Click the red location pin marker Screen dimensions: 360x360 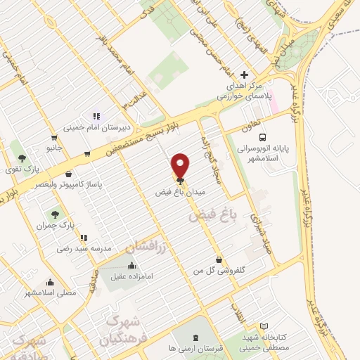pos(181,166)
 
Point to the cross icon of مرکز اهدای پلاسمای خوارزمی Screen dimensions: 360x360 pos(245,74)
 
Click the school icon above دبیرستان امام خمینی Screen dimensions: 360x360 pos(96,116)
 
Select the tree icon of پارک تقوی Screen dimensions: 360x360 pos(22,158)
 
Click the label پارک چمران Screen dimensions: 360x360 pos(58,225)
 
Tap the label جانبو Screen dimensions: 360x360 pos(55,148)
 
